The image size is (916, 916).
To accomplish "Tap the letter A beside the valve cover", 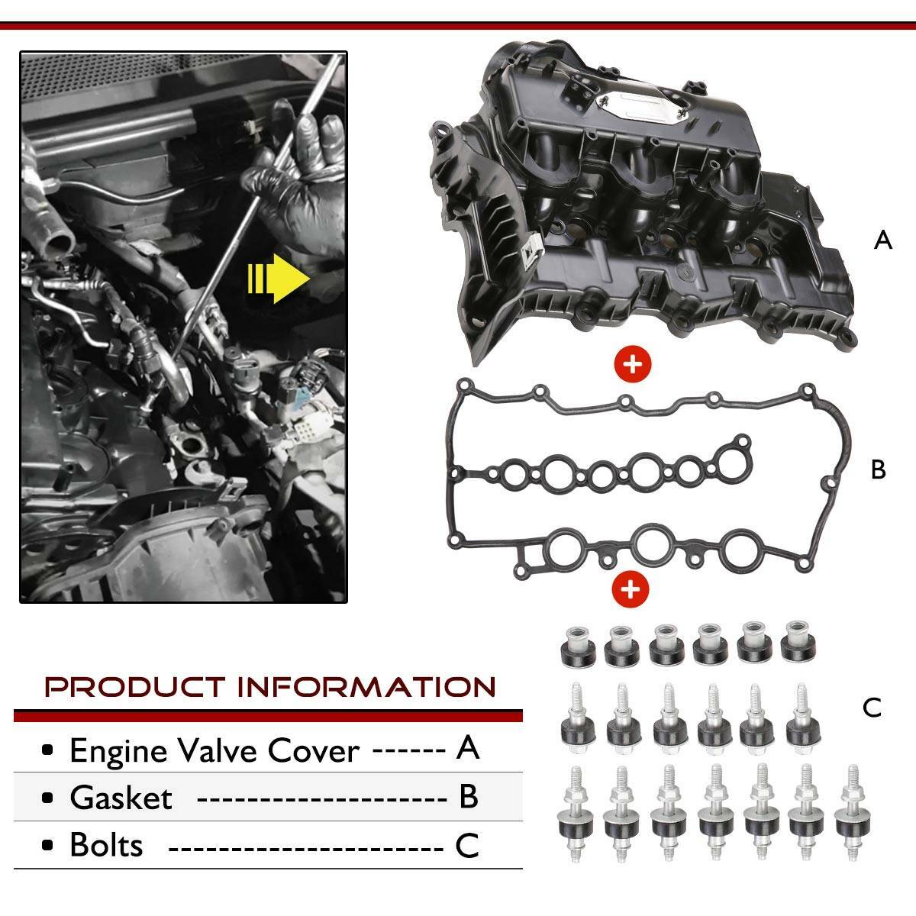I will pyautogui.click(x=882, y=240).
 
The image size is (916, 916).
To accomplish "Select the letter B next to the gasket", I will pyautogui.click(x=878, y=469).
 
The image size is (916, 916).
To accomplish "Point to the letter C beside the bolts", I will pyautogui.click(x=872, y=708).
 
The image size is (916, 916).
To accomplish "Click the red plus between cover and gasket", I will pyautogui.click(x=632, y=365).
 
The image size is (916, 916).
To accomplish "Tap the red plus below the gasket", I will pyautogui.click(x=631, y=589).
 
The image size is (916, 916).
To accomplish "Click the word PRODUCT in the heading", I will pyautogui.click(x=134, y=687).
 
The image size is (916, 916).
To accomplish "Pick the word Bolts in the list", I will pyautogui.click(x=106, y=846).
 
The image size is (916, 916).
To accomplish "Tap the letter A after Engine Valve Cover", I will pyautogui.click(x=467, y=749).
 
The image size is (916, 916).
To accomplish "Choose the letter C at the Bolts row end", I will pyautogui.click(x=467, y=846).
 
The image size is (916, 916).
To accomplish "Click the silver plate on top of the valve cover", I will pyautogui.click(x=643, y=105).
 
